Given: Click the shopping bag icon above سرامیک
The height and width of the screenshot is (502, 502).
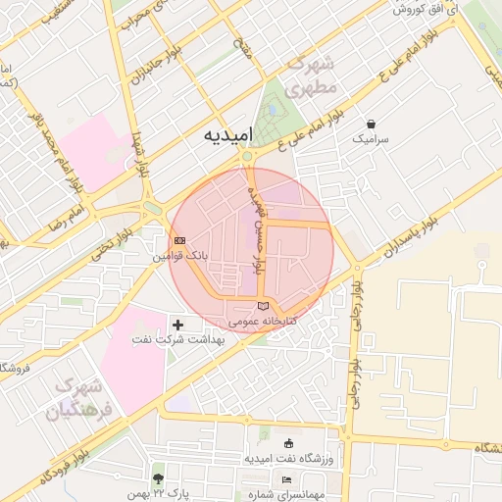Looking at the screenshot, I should (x=373, y=125).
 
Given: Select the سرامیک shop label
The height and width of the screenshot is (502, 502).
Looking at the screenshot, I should (x=373, y=140).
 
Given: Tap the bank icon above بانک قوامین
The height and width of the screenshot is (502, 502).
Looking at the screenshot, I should (x=179, y=240).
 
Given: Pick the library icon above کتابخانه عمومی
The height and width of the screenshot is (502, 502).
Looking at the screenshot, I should (x=262, y=307).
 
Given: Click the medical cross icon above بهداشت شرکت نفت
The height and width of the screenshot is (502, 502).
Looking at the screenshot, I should (x=177, y=324).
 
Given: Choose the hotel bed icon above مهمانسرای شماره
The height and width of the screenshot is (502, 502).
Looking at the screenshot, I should (x=286, y=479).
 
